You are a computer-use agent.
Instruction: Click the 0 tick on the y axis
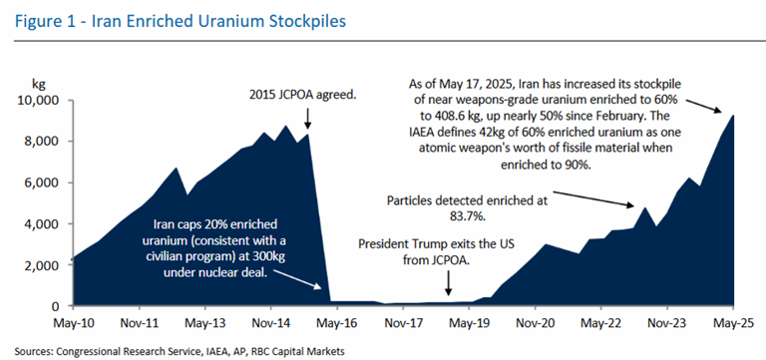point(56,306)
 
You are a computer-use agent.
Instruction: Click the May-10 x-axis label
point(74,324)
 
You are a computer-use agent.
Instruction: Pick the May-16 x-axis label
point(337,324)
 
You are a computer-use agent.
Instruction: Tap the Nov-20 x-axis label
point(535,324)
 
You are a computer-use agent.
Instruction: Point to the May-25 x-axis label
point(733,324)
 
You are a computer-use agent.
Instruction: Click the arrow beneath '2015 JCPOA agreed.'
point(307,121)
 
